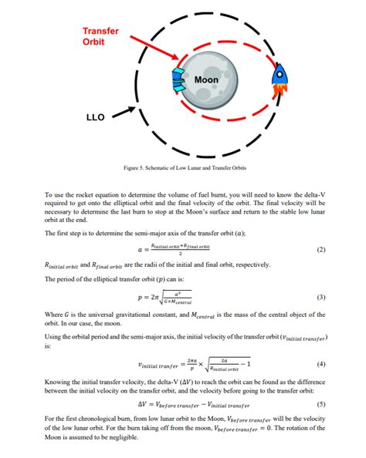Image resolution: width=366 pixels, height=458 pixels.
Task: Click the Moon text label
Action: [x=205, y=79]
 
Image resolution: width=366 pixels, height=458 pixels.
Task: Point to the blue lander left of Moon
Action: [x=177, y=75]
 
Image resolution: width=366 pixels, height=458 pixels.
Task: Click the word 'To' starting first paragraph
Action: [x=49, y=196]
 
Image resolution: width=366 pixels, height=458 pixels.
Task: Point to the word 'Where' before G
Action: [x=54, y=315]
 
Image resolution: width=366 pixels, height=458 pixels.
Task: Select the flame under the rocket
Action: [x=277, y=93]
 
